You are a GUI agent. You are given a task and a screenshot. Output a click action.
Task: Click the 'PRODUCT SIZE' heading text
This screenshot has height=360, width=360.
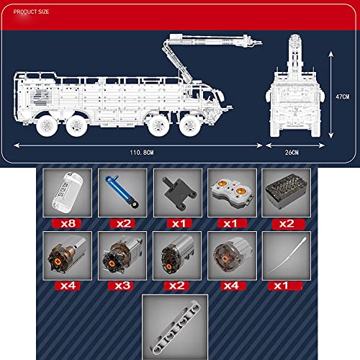click(31, 12)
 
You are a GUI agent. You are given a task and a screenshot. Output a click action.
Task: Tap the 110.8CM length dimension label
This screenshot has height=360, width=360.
click(142, 153)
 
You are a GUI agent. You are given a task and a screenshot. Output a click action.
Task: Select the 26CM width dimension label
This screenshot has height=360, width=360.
click(292, 153)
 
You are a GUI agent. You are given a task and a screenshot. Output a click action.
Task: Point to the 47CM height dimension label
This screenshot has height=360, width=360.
click(343, 96)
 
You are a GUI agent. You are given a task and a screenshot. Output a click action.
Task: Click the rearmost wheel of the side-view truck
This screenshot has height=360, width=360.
click(47, 126)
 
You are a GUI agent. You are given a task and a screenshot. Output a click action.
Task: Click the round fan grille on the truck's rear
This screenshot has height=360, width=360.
click(41, 96)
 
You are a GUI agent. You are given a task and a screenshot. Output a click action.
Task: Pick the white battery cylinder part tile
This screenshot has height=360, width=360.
click(68, 193)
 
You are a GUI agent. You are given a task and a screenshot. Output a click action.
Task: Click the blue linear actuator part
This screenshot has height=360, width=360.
click(122, 192)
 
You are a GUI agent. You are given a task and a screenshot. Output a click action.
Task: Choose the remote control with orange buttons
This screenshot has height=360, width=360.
click(232, 193)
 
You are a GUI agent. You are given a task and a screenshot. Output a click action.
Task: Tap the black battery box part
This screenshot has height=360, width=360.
click(286, 192)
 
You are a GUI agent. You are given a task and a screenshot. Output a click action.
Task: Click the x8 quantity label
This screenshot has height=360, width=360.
click(67, 224)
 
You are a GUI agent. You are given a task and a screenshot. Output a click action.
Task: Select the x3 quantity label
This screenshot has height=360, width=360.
click(121, 286)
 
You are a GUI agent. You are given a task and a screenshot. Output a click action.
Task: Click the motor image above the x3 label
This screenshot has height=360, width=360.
click(122, 256)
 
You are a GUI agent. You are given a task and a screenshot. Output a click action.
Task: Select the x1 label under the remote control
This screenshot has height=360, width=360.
click(232, 224)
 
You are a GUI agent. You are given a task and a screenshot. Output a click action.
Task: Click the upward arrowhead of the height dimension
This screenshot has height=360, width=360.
click(331, 54)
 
